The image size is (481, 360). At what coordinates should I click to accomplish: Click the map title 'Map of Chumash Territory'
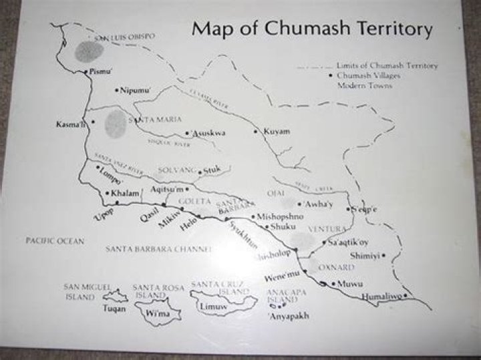click(312, 29)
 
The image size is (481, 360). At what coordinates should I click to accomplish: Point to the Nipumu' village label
click(136, 90)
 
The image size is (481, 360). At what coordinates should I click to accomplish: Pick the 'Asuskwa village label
click(208, 134)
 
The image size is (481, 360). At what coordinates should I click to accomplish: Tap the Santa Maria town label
click(156, 120)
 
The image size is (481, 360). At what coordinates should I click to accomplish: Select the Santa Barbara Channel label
click(158, 249)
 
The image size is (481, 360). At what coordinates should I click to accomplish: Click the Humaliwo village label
click(381, 296)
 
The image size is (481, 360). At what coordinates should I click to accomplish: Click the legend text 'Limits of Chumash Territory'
click(387, 66)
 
